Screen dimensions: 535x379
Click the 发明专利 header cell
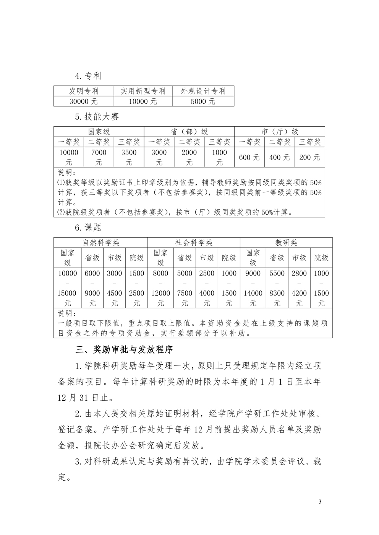click(84, 91)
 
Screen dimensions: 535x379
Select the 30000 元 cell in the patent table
click(84, 101)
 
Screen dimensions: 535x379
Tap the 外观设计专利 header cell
click(203, 91)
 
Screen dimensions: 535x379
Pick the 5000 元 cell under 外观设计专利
click(203, 101)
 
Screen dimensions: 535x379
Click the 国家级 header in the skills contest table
click(99, 132)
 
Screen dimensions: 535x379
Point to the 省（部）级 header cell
click(189, 132)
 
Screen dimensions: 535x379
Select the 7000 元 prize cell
click(99, 157)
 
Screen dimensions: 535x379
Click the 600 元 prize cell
click(249, 157)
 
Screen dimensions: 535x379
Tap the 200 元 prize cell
click(309, 157)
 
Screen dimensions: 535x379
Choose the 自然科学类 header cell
click(101, 243)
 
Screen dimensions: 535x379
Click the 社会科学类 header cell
click(194, 243)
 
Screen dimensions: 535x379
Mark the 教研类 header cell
click(286, 243)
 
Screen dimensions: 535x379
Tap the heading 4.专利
click(88, 76)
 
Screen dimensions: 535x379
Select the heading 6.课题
click(88, 227)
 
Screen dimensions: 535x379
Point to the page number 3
click(320, 502)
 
